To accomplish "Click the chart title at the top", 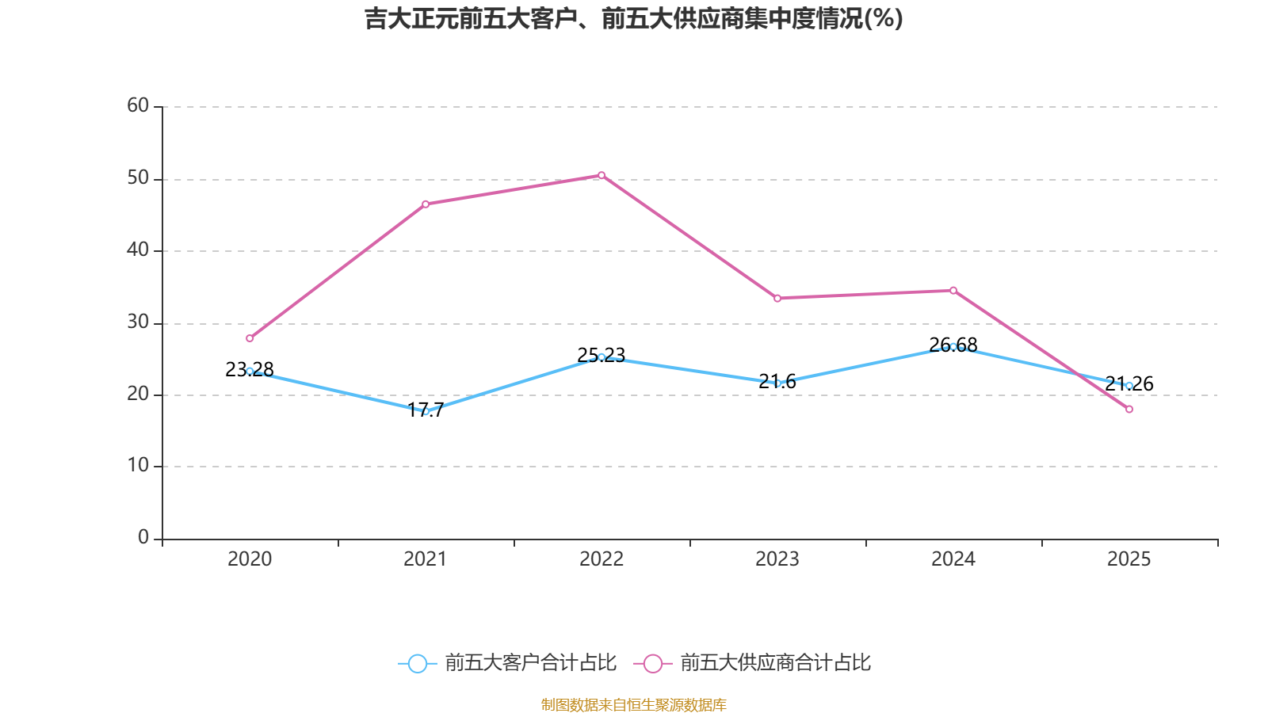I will coord(633,18).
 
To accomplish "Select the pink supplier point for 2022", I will coord(602,175).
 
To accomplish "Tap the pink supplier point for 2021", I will coord(426,204).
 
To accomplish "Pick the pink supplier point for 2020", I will coord(250,338).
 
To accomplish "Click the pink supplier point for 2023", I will coord(777,299).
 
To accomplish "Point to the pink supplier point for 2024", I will coord(953,290).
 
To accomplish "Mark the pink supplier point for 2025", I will coord(1129,410).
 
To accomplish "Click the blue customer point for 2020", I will coord(250,371).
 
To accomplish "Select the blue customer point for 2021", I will coord(426,412).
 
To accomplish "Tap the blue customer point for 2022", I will coord(602,357).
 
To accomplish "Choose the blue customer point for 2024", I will coord(953,346).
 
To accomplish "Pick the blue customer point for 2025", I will coord(1129,386).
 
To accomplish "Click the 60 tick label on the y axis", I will coord(138,105).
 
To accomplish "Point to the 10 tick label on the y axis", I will coord(138,465).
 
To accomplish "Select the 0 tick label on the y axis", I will coord(143,537).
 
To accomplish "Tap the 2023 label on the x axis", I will coord(777,559).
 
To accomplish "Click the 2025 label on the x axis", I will coord(1129,559).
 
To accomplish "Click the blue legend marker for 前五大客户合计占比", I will coord(417,663).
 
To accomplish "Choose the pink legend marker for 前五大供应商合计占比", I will coord(653,663).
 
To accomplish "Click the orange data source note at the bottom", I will coord(633,704).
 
